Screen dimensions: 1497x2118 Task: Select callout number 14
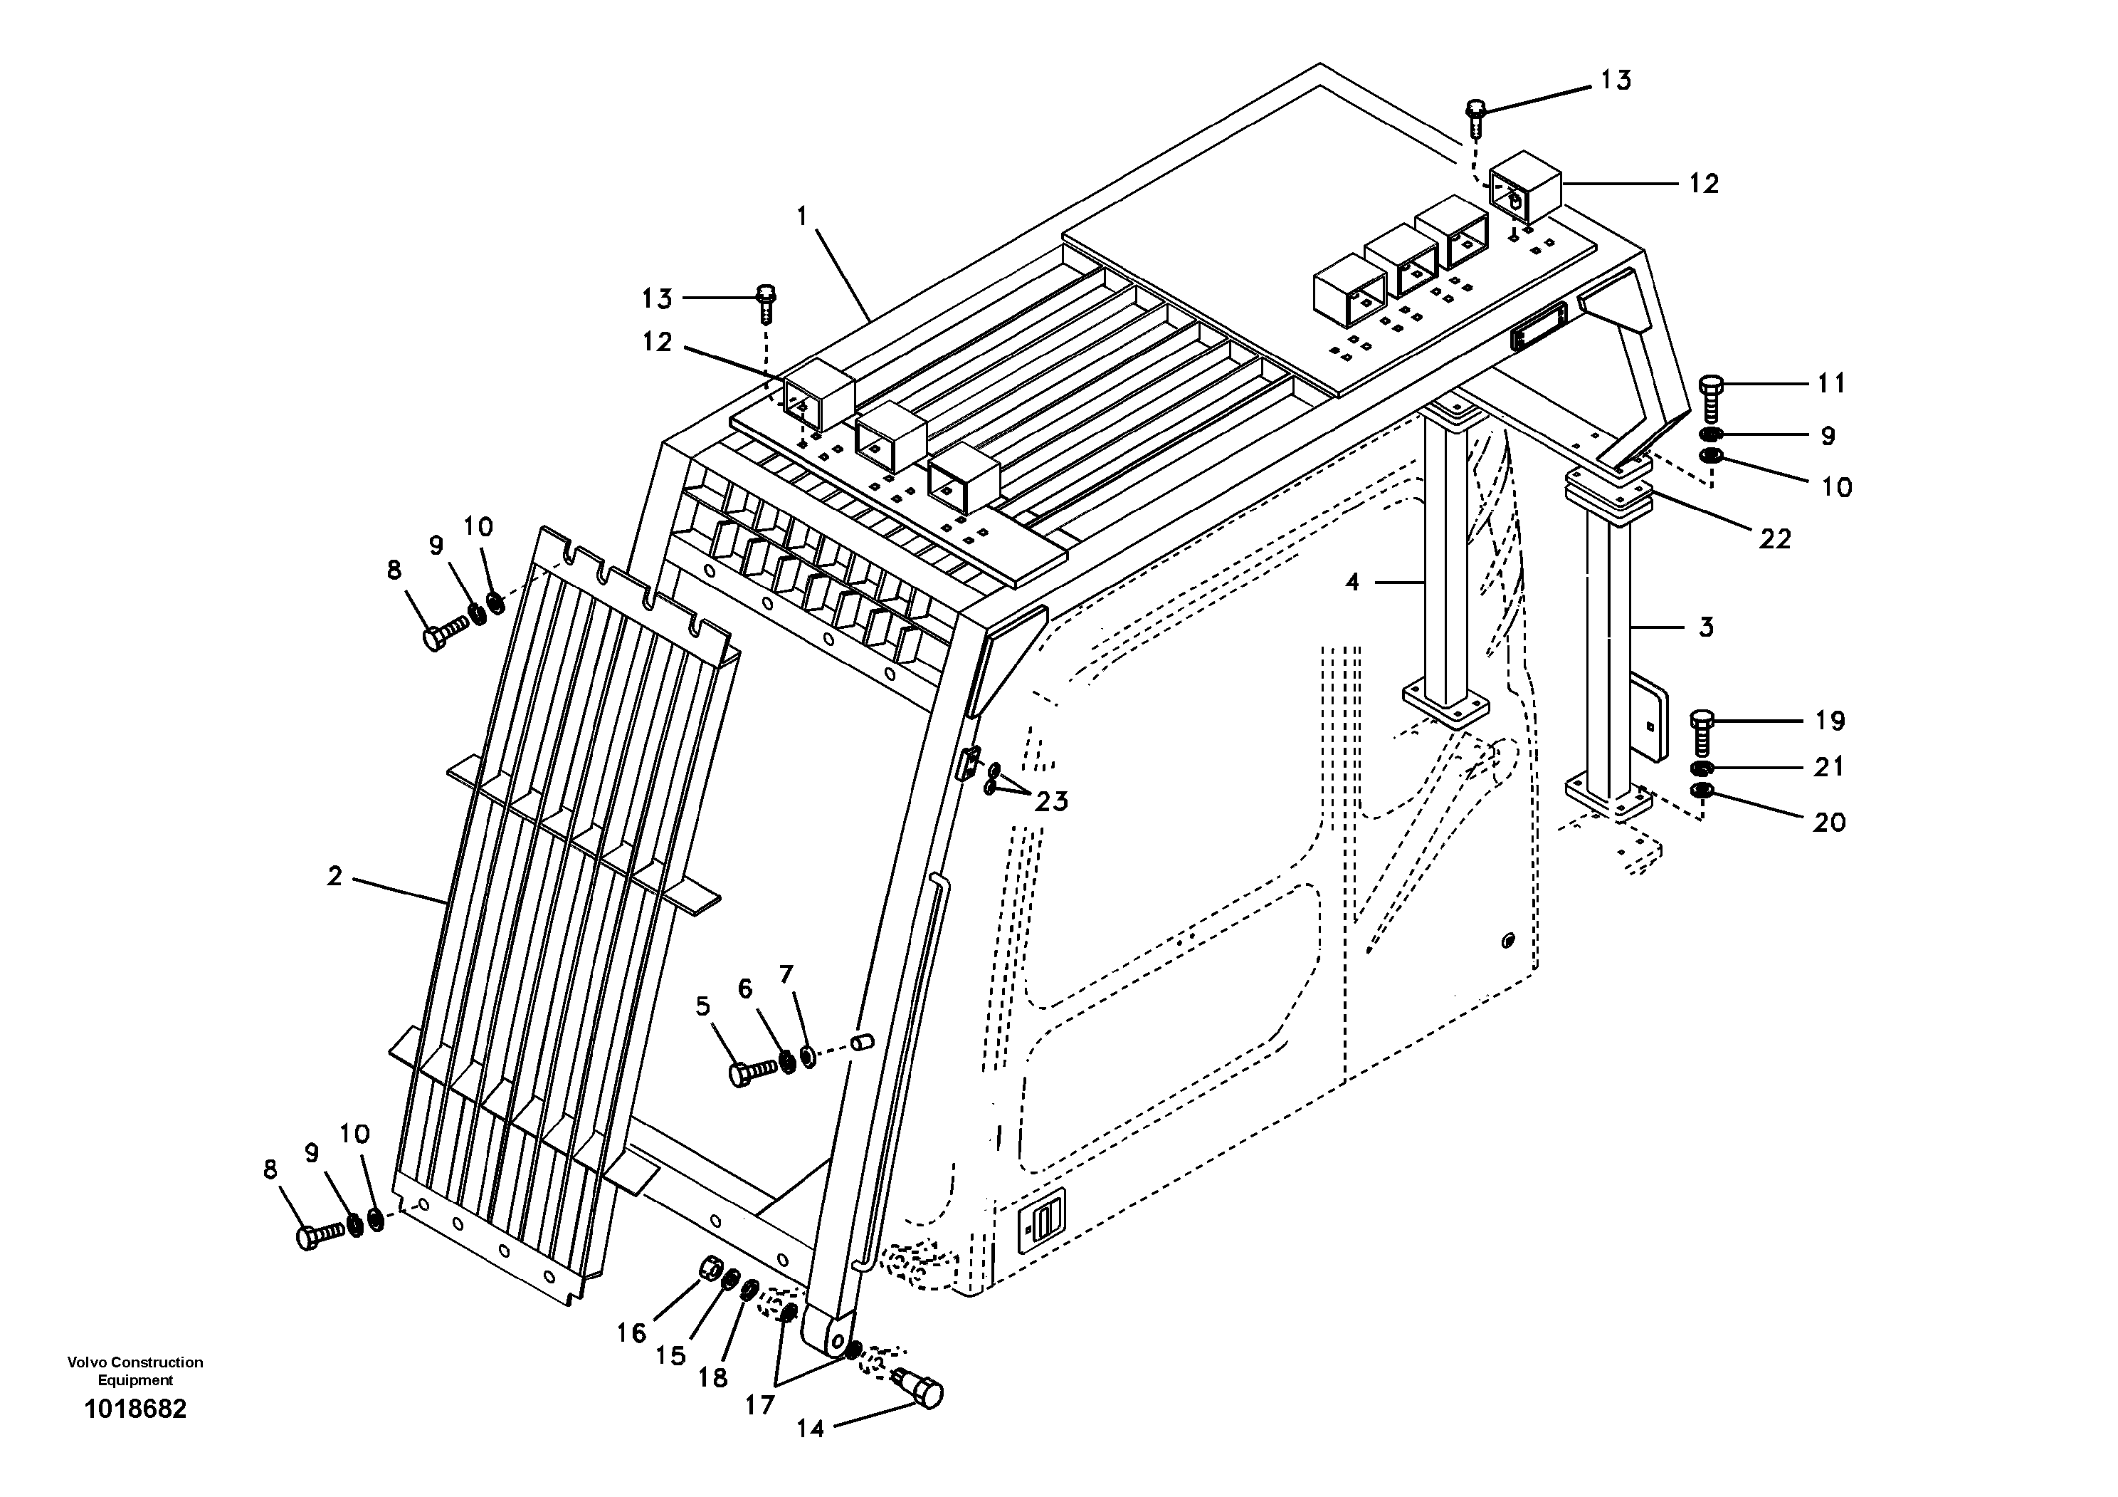point(810,1429)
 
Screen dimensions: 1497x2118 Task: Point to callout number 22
point(1774,538)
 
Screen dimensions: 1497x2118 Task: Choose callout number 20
point(1828,821)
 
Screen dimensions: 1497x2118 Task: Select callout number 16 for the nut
point(632,1332)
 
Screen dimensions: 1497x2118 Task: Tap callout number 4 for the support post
point(1352,583)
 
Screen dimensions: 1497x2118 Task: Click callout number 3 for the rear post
point(1706,627)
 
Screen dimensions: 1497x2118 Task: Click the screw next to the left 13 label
point(766,302)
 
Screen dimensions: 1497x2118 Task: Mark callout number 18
point(712,1378)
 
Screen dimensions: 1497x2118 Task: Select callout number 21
point(1828,766)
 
